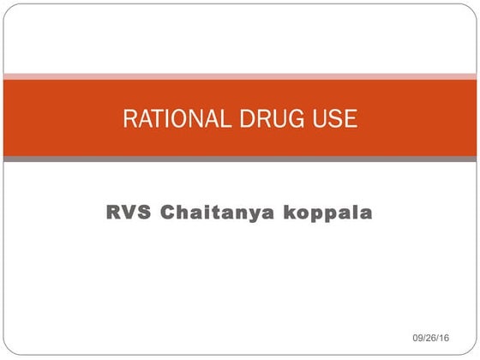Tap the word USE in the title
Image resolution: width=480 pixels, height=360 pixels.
(335, 119)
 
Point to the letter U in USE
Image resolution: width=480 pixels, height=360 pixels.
(317, 119)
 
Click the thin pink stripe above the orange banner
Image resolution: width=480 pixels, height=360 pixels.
(240, 76)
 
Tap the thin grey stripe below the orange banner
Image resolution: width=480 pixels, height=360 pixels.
(240, 159)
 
